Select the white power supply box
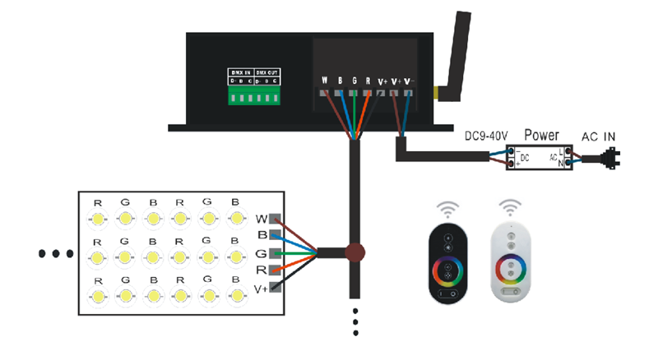click(x=539, y=156)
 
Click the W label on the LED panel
click(x=262, y=219)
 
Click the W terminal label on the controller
click(x=325, y=81)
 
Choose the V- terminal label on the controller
click(x=410, y=81)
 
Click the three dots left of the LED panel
click(x=56, y=253)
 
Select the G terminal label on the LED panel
click(x=262, y=252)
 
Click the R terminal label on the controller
click(x=367, y=81)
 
